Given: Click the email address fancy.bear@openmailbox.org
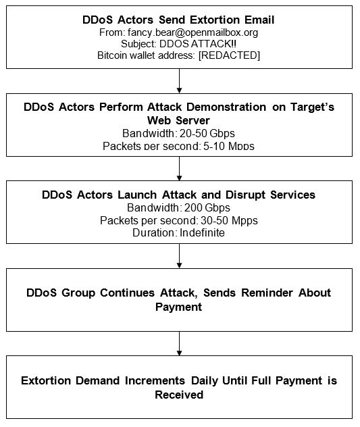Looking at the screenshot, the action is (x=192, y=32).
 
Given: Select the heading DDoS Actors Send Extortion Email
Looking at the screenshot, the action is (x=178, y=20).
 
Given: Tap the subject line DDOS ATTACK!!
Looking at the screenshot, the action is (x=198, y=44).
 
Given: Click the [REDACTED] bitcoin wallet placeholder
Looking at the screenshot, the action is (x=229, y=55).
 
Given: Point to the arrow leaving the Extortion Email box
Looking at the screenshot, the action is (x=179, y=81).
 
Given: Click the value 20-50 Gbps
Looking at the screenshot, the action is (x=207, y=134).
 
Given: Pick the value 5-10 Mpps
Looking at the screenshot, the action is (x=229, y=146).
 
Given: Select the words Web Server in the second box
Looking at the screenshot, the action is (x=178, y=120).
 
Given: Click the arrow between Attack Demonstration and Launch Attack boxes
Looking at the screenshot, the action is (x=179, y=168).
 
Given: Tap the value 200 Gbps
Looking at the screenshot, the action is (x=207, y=208).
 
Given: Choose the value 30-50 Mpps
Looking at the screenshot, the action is (x=229, y=220).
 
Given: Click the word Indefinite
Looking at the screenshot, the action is (x=203, y=233).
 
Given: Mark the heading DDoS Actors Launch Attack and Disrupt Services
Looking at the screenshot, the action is (x=178, y=195).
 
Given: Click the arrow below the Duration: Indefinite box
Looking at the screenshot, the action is (x=179, y=256).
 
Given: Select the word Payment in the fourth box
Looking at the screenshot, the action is (x=178, y=307).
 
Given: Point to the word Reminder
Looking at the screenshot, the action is (x=267, y=293).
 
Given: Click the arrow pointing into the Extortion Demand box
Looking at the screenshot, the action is (x=179, y=344).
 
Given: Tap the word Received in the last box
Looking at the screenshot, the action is (x=179, y=395).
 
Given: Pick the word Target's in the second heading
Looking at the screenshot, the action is (x=312, y=107).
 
